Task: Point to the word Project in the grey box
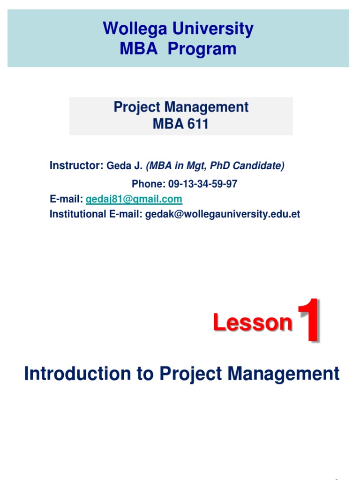click(x=137, y=107)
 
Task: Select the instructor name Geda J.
click(x=125, y=165)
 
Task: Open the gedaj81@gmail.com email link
click(x=134, y=199)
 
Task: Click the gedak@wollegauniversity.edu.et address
click(x=223, y=214)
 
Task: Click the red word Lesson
click(x=253, y=323)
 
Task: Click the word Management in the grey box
click(x=206, y=107)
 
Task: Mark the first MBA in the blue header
click(x=137, y=49)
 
